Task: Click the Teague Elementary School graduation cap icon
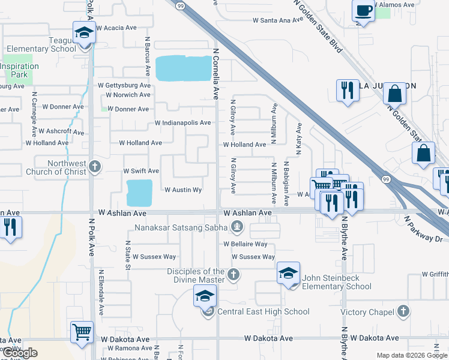[84, 32]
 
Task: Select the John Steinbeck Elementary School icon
[289, 274]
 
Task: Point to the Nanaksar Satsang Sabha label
[189, 226]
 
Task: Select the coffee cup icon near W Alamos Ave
[364, 11]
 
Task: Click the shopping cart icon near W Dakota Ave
[82, 332]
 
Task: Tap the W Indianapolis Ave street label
[182, 123]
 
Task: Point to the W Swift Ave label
[141, 171]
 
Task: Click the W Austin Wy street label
[182, 190]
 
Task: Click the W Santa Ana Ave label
[279, 20]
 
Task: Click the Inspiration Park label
[19, 71]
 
